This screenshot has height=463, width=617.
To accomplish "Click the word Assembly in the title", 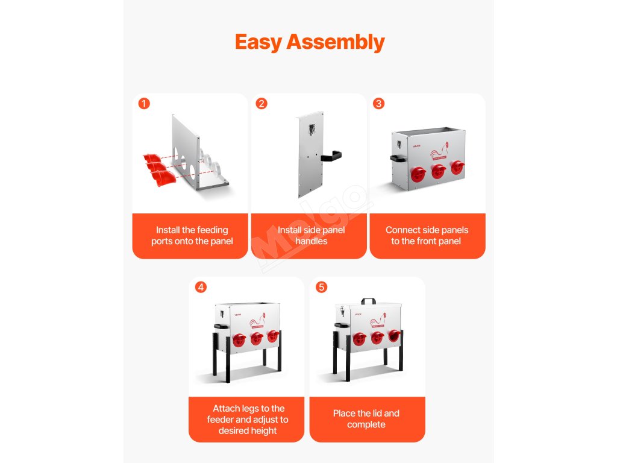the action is pyautogui.click(x=336, y=42).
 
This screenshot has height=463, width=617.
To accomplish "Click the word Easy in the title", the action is pyautogui.click(x=258, y=43).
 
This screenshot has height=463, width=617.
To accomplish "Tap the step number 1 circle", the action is pyautogui.click(x=144, y=104).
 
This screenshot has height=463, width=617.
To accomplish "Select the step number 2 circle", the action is pyautogui.click(x=262, y=104).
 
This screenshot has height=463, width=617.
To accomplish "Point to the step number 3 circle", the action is pyautogui.click(x=378, y=104).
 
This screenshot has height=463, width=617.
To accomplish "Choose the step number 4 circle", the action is pyautogui.click(x=201, y=287).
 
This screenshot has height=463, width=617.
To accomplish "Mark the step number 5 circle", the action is pyautogui.click(x=322, y=287).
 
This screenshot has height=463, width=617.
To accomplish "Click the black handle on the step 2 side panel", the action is pyautogui.click(x=331, y=156).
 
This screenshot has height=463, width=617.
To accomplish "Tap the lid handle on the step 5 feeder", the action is pyautogui.click(x=369, y=301).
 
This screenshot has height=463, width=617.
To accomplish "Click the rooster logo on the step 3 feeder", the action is pyautogui.click(x=439, y=151).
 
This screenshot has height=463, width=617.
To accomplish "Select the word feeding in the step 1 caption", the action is pyautogui.click(x=213, y=230).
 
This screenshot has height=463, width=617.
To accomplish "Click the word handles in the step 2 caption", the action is pyautogui.click(x=312, y=241).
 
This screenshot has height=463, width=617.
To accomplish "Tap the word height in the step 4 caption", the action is pyautogui.click(x=264, y=431).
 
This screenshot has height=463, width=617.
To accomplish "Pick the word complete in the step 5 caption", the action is pyautogui.click(x=366, y=425).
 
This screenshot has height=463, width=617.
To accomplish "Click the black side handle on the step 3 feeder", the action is pyautogui.click(x=398, y=159).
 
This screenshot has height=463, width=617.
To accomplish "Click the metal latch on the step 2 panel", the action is pyautogui.click(x=312, y=129).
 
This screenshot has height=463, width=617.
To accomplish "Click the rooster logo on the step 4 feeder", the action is pyautogui.click(x=258, y=321).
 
